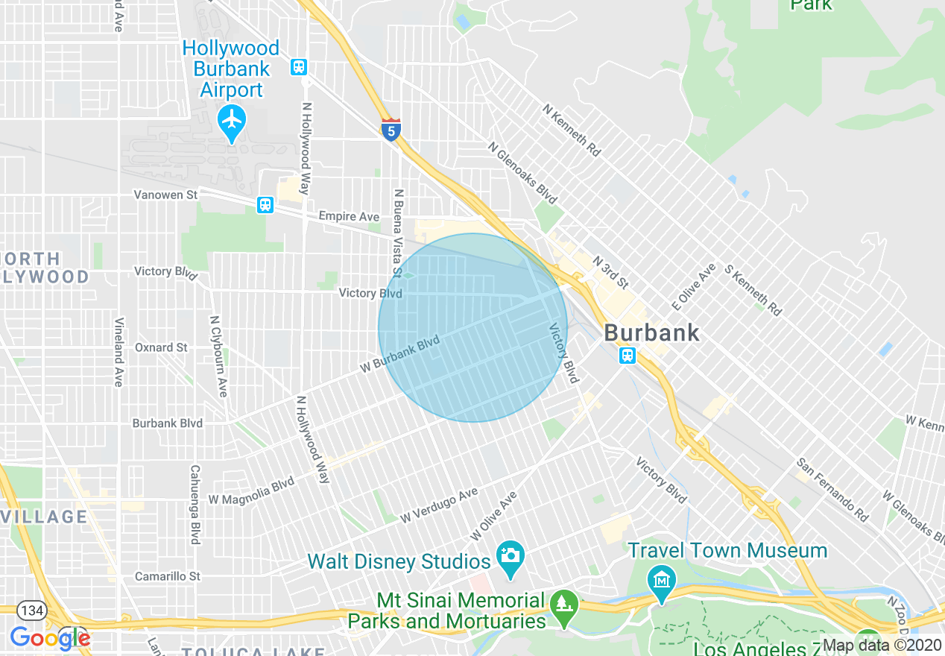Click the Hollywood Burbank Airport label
coord(231,69)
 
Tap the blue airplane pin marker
coord(232,121)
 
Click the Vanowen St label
coord(165,195)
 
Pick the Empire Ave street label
coord(349,216)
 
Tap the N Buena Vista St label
coord(398,231)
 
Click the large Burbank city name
coord(652,332)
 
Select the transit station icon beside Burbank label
coord(628,356)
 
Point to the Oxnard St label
coord(161,347)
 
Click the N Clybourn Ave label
coord(218,356)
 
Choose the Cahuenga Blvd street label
coord(195,505)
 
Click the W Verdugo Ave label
coord(438,506)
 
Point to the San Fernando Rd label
coord(832,490)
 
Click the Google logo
coord(50,638)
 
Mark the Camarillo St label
coord(168,576)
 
